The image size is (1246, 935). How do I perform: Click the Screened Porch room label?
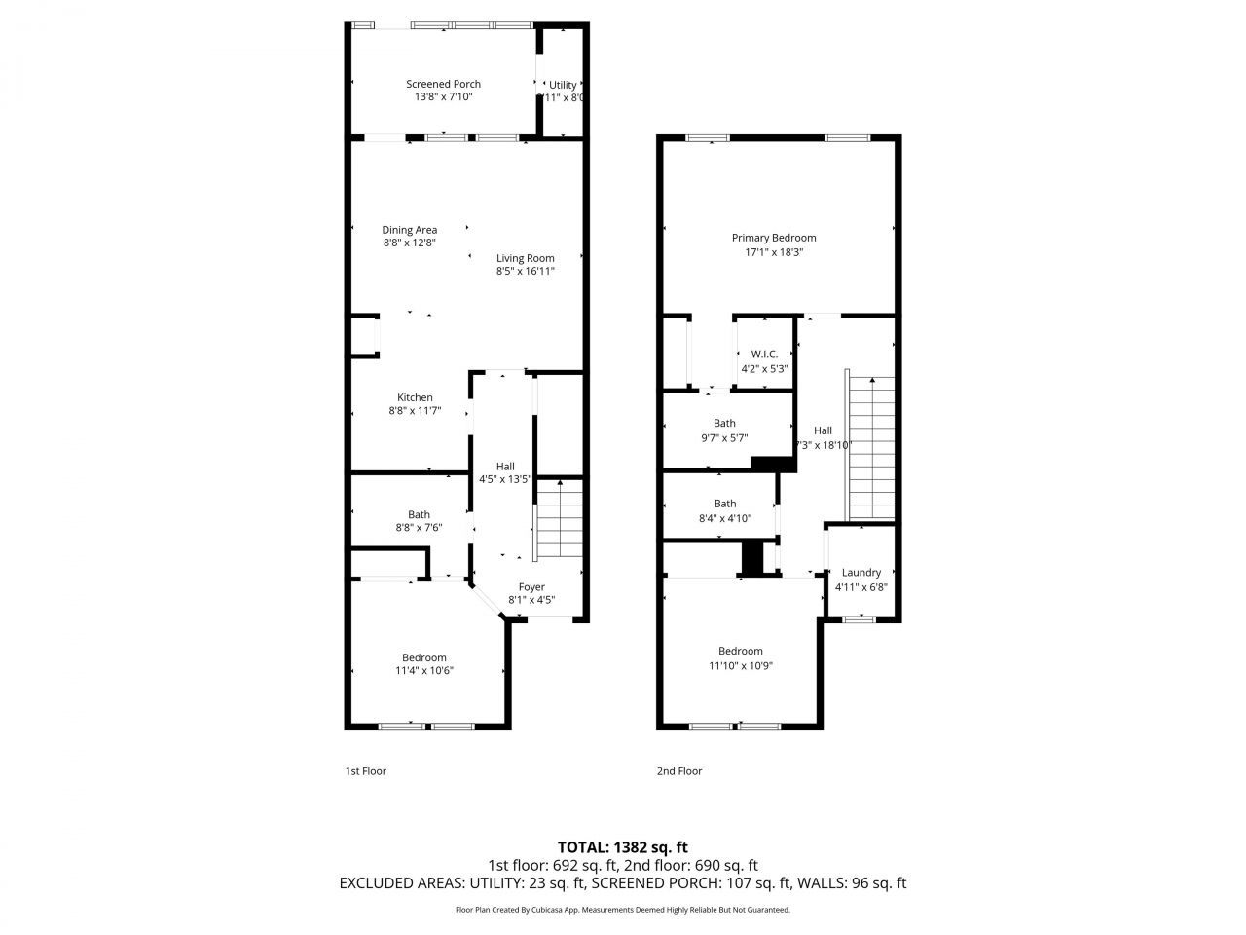point(443,84)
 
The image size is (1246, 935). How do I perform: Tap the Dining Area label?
point(409,230)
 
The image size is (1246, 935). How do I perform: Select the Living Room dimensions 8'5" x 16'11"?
point(525,272)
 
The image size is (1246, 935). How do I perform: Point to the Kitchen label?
point(415,397)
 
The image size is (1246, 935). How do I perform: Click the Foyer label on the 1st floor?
point(531,586)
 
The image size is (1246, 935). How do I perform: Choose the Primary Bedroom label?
point(774,238)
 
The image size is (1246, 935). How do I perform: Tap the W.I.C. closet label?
point(764,354)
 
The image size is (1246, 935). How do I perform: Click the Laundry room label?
point(861,573)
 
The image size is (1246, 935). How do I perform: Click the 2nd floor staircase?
point(872,448)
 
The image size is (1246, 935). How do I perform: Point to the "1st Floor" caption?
point(366,771)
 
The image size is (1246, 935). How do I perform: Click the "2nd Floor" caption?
point(679,771)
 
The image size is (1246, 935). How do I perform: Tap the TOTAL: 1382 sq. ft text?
point(623,847)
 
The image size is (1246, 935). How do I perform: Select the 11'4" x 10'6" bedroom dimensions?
point(424,670)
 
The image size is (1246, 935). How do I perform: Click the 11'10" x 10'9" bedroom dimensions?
point(741,665)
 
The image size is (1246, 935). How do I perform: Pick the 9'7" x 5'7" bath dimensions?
point(724,437)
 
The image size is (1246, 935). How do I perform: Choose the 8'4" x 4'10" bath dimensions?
point(724,518)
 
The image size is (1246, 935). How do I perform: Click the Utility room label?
point(563,85)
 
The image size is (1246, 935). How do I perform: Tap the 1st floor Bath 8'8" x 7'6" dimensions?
point(419,528)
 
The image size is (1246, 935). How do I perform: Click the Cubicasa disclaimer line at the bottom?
point(623,910)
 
